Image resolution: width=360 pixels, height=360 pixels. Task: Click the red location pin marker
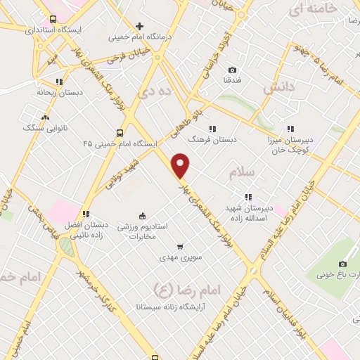click(181, 165)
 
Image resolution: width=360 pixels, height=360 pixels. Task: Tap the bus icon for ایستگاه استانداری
click(54, 20)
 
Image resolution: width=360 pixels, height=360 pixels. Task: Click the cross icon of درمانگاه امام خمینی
click(140, 27)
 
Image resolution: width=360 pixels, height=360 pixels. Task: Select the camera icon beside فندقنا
click(233, 70)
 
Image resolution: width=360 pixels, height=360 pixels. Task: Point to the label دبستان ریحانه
click(60, 91)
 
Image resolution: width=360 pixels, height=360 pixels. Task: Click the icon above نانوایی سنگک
click(46, 117)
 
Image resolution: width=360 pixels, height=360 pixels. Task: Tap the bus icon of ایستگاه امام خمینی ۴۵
click(120, 132)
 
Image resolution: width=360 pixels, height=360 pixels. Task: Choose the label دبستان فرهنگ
click(216, 140)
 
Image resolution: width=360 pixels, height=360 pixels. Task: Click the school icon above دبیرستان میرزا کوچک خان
click(290, 129)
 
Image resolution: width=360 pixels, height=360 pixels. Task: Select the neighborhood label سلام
click(241, 171)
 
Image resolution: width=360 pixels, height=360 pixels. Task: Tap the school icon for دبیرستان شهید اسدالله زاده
click(247, 197)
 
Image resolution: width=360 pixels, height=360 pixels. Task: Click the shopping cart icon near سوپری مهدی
click(181, 247)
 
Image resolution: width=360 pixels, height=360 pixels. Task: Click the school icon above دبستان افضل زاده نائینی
click(86, 214)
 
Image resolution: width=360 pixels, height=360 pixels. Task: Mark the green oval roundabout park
click(66, 247)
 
